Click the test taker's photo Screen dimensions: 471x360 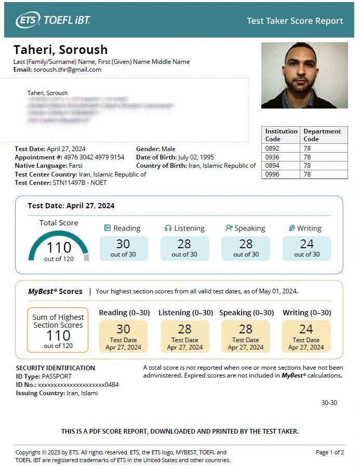(304, 75)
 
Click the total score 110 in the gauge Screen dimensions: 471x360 (59, 247)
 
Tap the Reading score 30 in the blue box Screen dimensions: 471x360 (123, 244)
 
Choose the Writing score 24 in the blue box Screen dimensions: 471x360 (306, 244)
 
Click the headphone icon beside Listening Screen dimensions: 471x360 (168, 228)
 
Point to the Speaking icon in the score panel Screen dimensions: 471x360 (229, 228)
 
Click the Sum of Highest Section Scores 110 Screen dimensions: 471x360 (58, 335)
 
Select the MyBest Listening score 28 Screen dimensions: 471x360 (184, 329)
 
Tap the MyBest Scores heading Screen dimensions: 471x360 (55, 291)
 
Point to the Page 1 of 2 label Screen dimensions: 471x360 (330, 452)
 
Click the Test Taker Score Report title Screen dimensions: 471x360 (295, 21)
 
